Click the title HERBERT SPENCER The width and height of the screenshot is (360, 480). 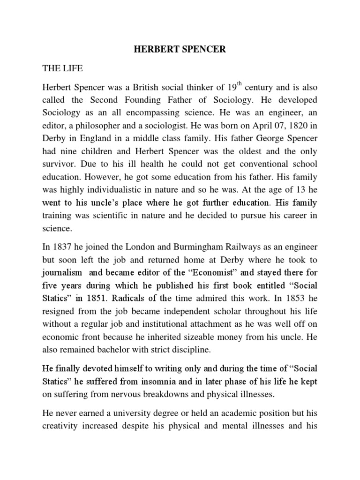(x=180, y=50)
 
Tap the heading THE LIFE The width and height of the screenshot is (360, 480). (x=62, y=68)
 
